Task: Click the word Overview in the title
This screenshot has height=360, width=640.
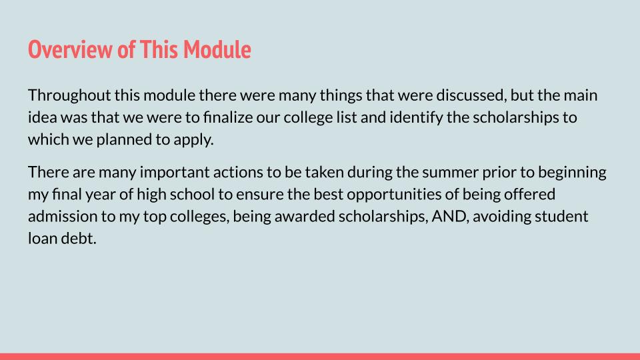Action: [x=71, y=49]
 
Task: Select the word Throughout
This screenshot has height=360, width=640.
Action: [x=69, y=96]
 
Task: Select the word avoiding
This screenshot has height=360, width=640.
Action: [x=501, y=217]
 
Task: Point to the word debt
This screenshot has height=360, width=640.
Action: [x=79, y=238]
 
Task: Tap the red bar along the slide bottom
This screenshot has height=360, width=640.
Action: [x=320, y=357]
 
